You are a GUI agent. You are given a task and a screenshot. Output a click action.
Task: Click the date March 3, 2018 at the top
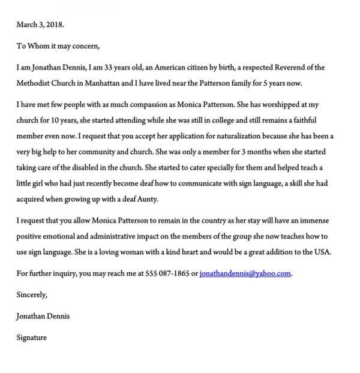tap(40, 26)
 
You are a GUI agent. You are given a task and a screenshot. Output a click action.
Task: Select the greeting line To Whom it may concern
tap(58, 46)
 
